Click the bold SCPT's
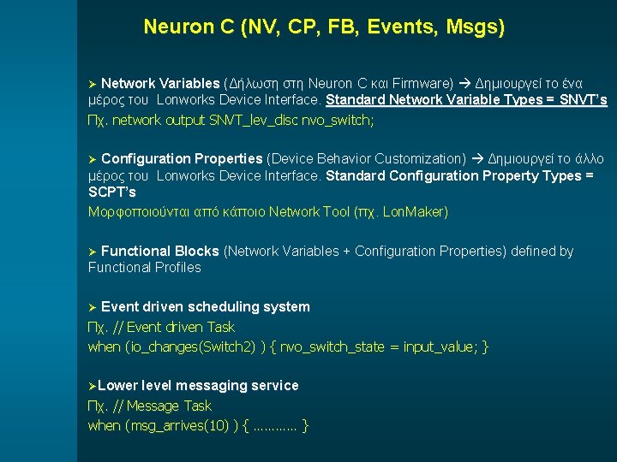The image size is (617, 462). (x=112, y=192)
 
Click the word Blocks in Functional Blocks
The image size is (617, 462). (x=198, y=251)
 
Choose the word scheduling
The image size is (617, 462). (x=216, y=306)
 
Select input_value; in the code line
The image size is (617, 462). (x=440, y=346)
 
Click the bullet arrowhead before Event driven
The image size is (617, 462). (x=93, y=306)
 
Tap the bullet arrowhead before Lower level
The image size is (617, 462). (x=93, y=385)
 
